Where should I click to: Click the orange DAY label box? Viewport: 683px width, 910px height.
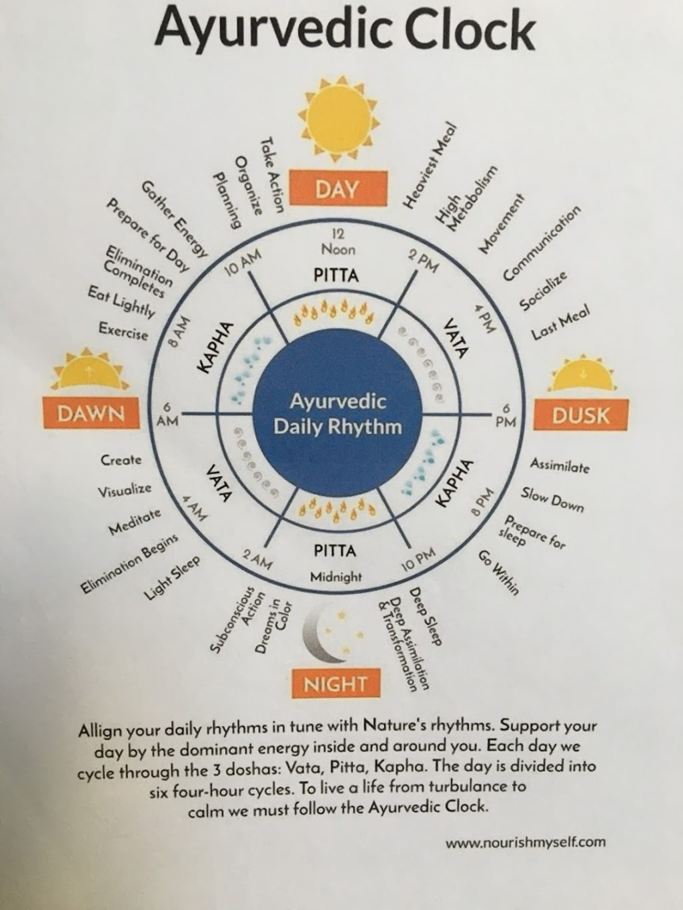[x=337, y=189]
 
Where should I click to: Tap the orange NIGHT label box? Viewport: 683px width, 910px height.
[x=335, y=683]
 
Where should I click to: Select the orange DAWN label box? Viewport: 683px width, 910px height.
[x=91, y=413]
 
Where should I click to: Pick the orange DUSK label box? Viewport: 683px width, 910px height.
[x=580, y=415]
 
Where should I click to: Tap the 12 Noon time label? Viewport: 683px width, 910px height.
[x=338, y=242]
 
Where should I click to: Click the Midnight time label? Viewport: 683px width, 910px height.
[x=336, y=577]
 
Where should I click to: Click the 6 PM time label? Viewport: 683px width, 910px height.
[x=506, y=415]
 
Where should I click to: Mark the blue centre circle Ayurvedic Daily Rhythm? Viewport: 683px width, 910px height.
[x=337, y=413]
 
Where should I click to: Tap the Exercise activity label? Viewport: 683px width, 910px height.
[x=123, y=331]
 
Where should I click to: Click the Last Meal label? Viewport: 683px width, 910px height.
[x=560, y=325]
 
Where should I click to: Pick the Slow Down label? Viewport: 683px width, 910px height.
[x=552, y=499]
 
